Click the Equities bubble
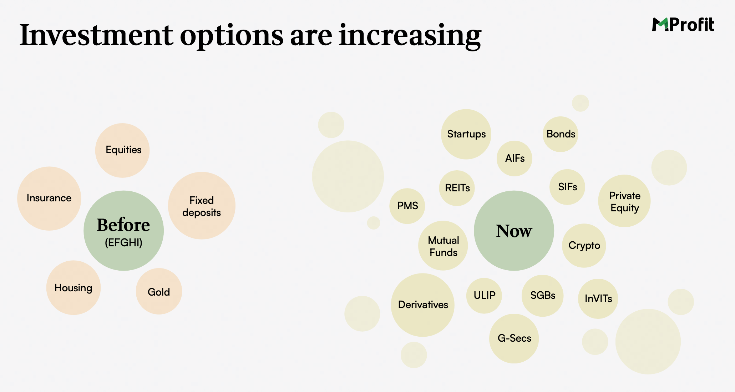(122, 150)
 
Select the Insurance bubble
(49, 198)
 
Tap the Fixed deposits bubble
(202, 206)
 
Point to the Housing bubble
(73, 288)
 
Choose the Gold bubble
(159, 291)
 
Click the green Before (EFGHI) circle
(123, 231)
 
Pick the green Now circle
(514, 231)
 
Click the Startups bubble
(466, 134)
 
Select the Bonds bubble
(561, 134)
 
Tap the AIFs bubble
(514, 159)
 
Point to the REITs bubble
(457, 188)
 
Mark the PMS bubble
(407, 206)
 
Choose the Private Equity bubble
(624, 201)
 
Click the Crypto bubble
(584, 246)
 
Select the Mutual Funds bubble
(443, 246)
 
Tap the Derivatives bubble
(423, 305)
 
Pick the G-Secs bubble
(514, 338)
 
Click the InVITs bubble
(598, 299)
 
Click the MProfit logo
(683, 25)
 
